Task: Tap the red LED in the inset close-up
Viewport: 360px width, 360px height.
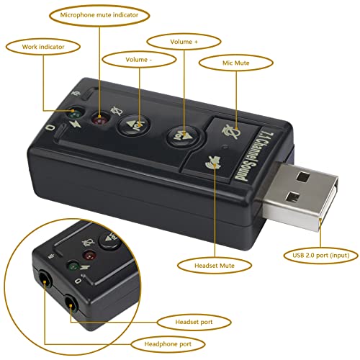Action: coord(90,256)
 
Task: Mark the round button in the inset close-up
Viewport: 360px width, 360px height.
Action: coord(110,238)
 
